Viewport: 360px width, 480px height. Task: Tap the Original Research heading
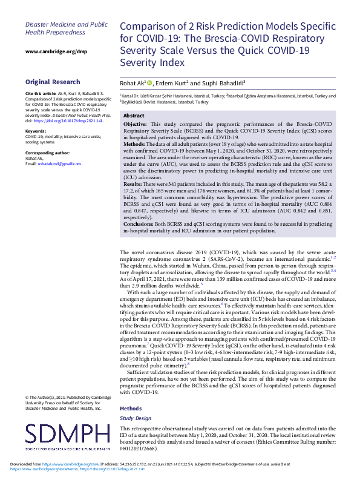coord(52,82)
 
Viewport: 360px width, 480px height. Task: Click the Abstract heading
coord(134,115)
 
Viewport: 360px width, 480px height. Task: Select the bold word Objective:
coord(139,124)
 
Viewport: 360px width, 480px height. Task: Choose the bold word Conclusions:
coord(142,224)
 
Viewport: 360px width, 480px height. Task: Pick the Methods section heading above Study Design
coord(131,409)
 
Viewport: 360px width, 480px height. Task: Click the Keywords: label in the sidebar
coord(36,131)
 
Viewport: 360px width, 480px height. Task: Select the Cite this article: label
coord(41,94)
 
